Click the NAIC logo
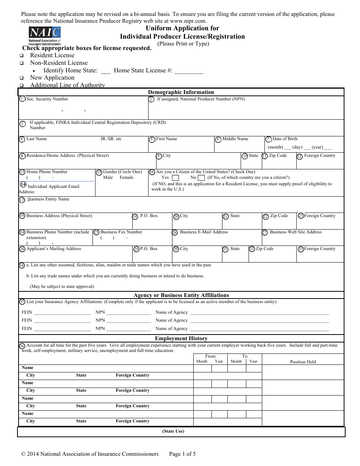coord(45,36)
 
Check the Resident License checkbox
coord(22,56)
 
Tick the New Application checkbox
coord(22,78)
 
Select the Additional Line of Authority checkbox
coord(22,86)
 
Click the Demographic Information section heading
coord(181,92)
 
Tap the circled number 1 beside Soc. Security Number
coord(22,99)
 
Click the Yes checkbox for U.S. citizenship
coord(175,178)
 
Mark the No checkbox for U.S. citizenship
coord(202,178)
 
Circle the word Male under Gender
coord(108,177)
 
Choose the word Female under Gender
coord(127,177)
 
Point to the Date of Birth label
coord(285,139)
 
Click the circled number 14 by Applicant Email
coord(23,185)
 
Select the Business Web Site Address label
coord(296,232)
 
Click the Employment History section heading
coord(181,338)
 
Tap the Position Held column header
coord(303,362)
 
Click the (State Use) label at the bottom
coord(173,431)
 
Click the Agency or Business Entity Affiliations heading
coord(181,295)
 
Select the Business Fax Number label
coord(121,232)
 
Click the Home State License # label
coord(143,70)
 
